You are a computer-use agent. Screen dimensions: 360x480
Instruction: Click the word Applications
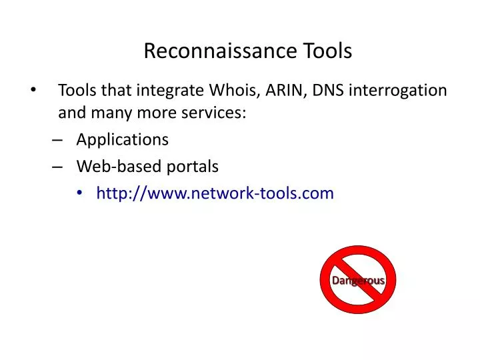click(123, 139)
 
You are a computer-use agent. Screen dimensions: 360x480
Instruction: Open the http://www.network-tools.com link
click(215, 193)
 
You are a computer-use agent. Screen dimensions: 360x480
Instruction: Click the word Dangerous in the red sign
click(358, 281)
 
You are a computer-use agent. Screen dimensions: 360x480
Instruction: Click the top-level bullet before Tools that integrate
click(35, 90)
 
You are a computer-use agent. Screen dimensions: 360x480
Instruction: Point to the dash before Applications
click(56, 140)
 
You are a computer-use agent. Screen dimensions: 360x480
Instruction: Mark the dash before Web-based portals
click(56, 166)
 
